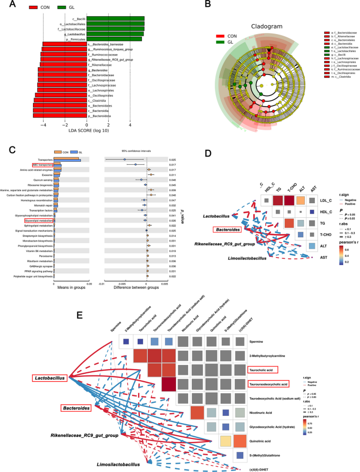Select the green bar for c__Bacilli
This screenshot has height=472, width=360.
pos(115,19)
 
